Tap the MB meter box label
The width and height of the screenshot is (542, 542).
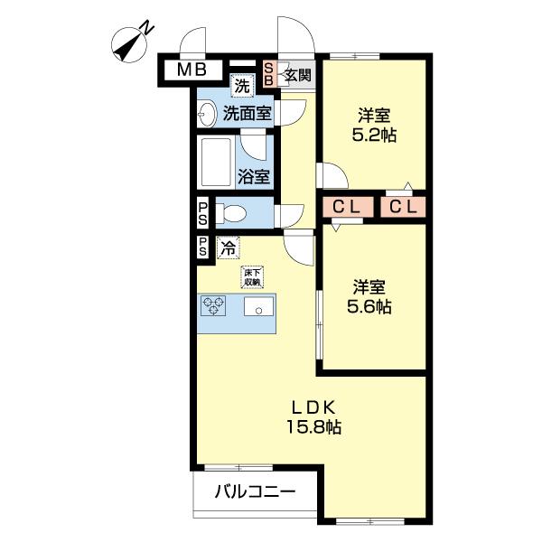pyautogui.click(x=192, y=70)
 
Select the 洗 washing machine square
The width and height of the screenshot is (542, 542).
pyautogui.click(x=241, y=87)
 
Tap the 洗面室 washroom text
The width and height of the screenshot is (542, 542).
pyautogui.click(x=248, y=114)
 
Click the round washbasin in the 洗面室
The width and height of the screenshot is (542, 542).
pyautogui.click(x=207, y=114)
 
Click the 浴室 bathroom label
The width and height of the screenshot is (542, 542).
pyautogui.click(x=254, y=176)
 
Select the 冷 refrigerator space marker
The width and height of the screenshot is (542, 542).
pyautogui.click(x=229, y=245)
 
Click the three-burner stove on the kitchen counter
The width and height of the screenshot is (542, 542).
pyautogui.click(x=215, y=307)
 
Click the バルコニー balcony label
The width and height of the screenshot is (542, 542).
pyautogui.click(x=255, y=493)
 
